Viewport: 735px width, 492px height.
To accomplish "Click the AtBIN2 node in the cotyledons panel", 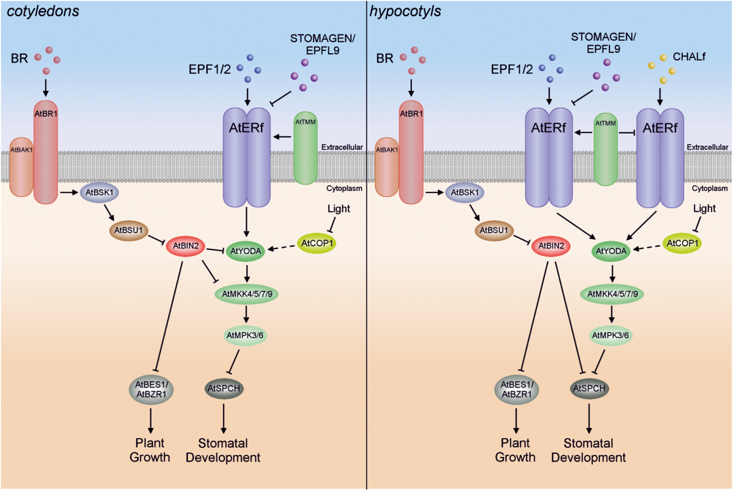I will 185,246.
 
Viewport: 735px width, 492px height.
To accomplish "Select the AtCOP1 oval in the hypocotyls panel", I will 682,244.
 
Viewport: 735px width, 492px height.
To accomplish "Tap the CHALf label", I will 689,57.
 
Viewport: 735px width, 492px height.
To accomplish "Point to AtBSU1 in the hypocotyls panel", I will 494,230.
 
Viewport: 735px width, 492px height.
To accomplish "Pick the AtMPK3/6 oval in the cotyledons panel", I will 245,335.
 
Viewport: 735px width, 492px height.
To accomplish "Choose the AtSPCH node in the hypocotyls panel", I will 589,389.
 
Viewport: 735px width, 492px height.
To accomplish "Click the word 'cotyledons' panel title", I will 43,11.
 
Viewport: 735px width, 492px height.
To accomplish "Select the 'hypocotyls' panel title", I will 405,11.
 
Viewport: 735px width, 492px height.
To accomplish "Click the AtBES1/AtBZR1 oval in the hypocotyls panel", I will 516,390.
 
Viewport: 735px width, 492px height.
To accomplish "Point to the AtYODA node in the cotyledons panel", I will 246,251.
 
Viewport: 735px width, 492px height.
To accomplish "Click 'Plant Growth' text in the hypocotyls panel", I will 515,450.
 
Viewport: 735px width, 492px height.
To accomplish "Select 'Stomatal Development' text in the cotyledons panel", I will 223,451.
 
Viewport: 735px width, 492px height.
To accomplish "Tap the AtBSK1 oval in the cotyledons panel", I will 99,192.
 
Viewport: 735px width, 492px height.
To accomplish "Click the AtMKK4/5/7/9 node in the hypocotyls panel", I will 612,294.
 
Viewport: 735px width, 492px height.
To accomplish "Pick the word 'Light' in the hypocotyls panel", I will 704,209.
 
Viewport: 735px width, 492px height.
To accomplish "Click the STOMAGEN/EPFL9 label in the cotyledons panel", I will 322,44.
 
